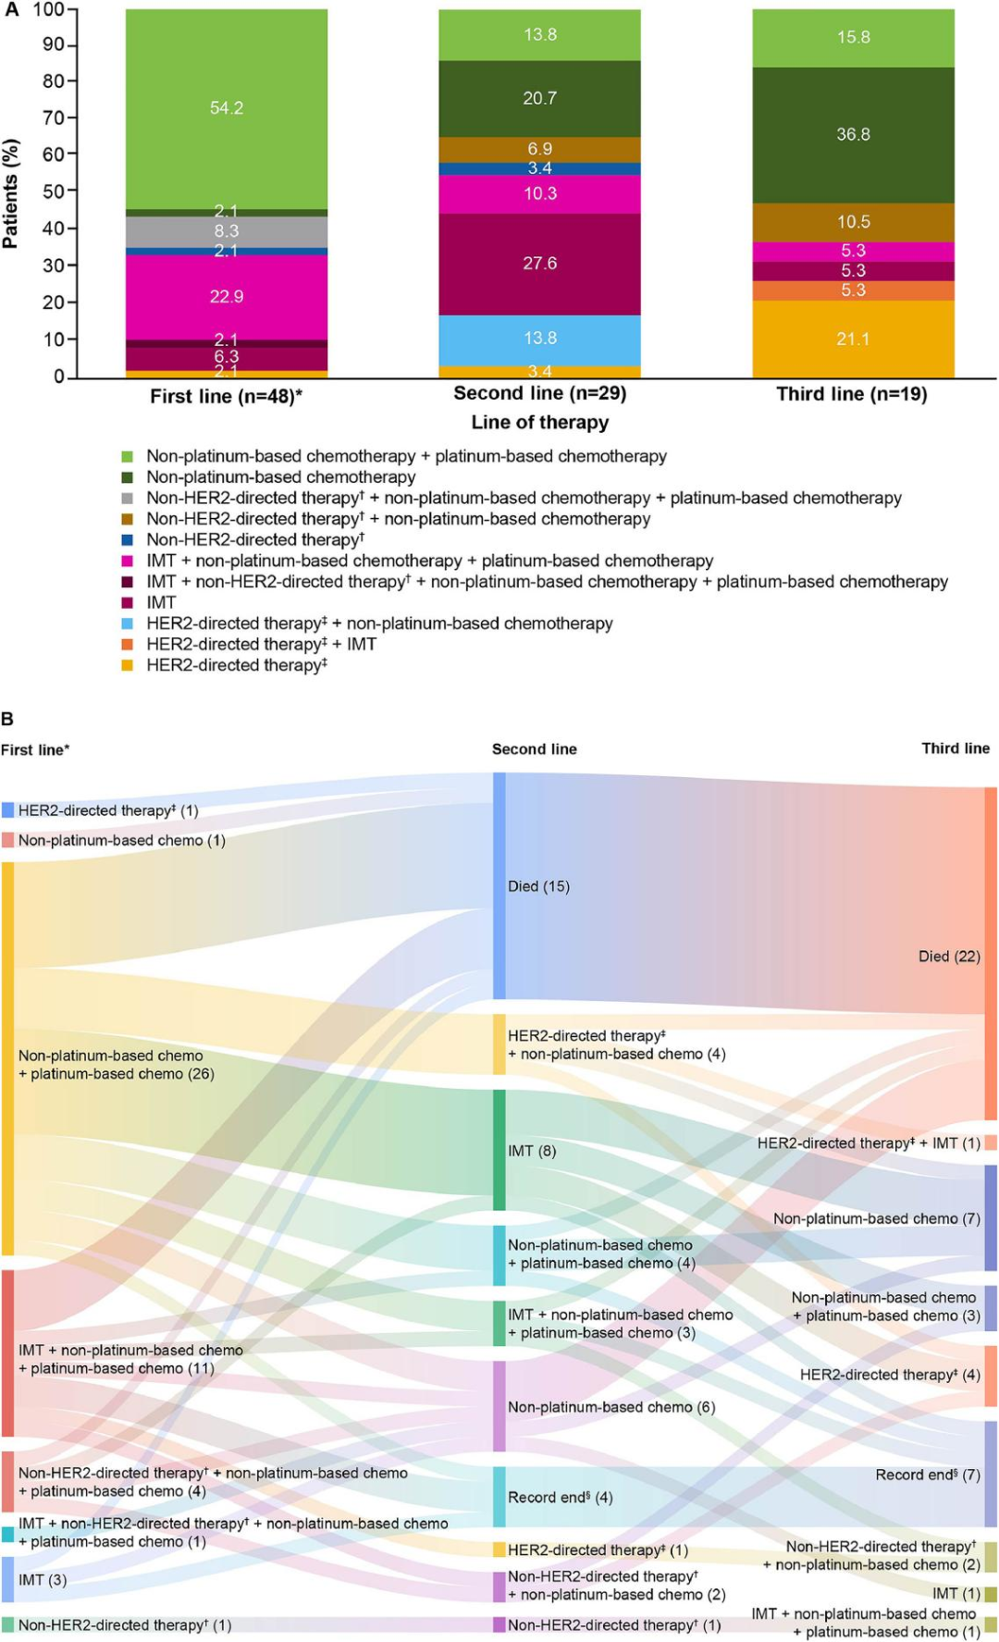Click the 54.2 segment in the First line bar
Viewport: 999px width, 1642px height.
[x=227, y=108]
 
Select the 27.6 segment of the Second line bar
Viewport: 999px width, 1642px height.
[x=539, y=264]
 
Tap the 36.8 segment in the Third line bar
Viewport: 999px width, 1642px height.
[x=853, y=135]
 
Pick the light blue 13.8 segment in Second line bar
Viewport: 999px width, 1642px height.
[x=539, y=339]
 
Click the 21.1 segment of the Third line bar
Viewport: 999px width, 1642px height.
[x=853, y=339]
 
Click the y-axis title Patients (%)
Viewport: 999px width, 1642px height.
[x=11, y=193]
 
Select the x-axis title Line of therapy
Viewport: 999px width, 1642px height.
[x=540, y=423]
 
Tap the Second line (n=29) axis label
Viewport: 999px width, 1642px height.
[x=540, y=394]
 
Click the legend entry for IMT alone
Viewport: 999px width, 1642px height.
[x=161, y=602]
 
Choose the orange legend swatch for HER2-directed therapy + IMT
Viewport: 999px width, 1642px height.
[x=128, y=644]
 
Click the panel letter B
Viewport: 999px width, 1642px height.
[x=7, y=719]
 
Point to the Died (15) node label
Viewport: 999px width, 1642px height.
[x=538, y=886]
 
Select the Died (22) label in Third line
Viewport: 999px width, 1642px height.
[x=949, y=957]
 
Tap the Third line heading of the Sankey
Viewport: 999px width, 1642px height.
[x=956, y=748]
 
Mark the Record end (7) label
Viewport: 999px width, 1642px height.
[x=928, y=1475]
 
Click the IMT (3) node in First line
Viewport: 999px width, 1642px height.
[x=43, y=1580]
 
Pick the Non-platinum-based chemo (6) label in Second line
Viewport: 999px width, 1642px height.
[x=611, y=1407]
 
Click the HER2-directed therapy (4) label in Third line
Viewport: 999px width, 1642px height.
[x=890, y=1375]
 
